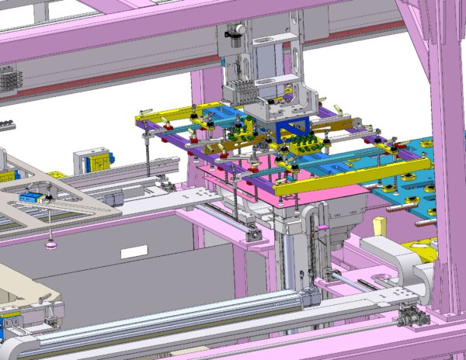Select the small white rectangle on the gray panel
tap(134, 251)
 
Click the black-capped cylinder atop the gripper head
tap(231, 32)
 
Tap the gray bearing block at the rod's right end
tap(407, 316)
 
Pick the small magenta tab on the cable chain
tap(317, 226)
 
